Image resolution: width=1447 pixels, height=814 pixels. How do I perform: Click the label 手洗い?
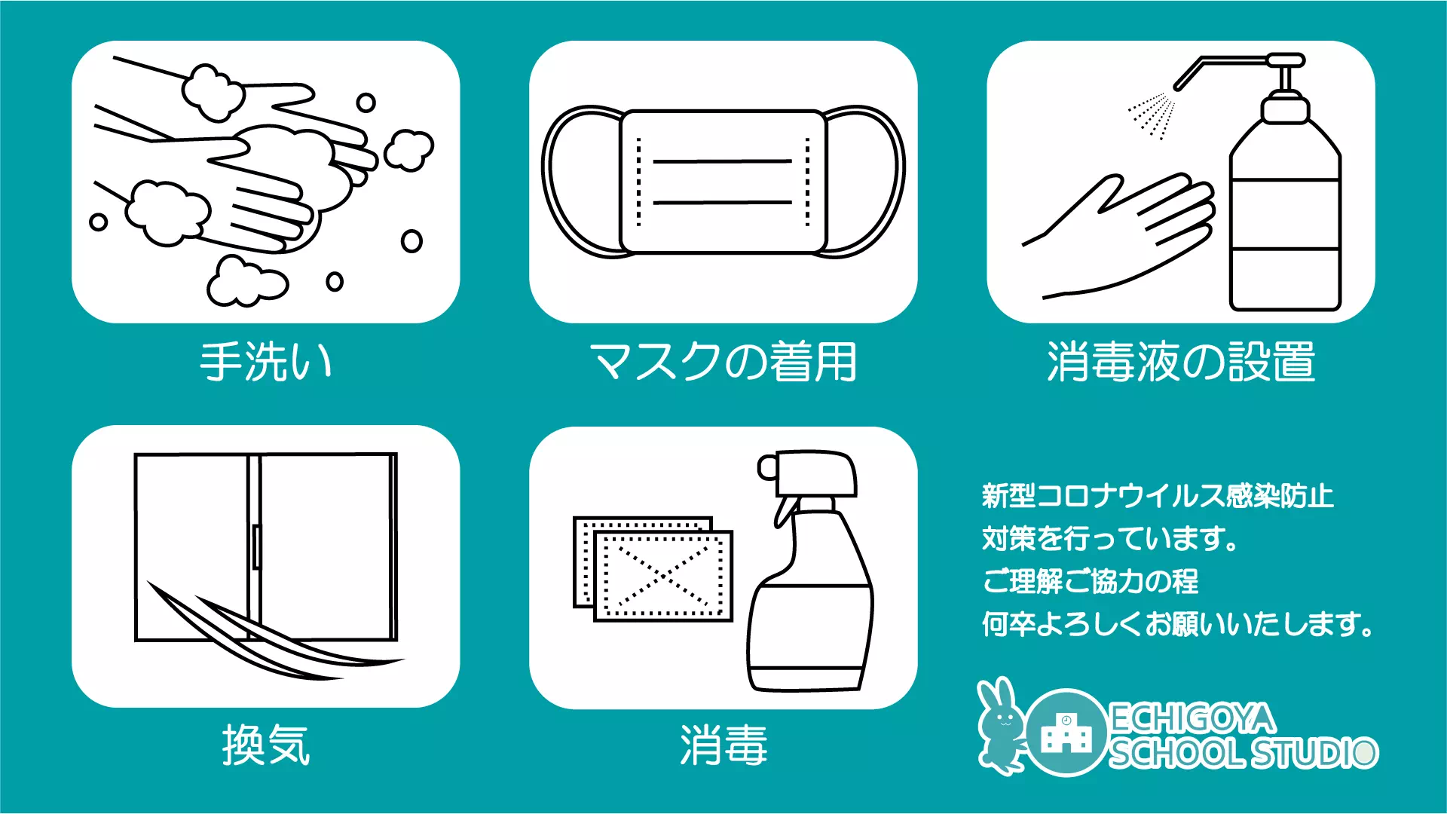[x=265, y=362]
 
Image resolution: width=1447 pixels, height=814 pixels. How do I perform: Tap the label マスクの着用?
[x=723, y=362]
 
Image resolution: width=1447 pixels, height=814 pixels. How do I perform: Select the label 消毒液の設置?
[x=1181, y=362]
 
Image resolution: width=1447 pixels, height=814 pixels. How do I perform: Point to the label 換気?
[x=266, y=745]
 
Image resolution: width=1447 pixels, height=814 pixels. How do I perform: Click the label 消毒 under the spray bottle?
[x=723, y=745]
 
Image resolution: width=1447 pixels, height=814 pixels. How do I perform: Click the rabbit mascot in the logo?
[x=1001, y=726]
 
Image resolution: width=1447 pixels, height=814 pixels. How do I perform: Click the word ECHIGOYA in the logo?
[x=1193, y=718]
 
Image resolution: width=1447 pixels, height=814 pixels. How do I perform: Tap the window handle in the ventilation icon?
[x=256, y=546]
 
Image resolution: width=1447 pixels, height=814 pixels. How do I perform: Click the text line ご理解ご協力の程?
[x=1090, y=581]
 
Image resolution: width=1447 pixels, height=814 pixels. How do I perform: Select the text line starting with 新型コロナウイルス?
[x=1158, y=496]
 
